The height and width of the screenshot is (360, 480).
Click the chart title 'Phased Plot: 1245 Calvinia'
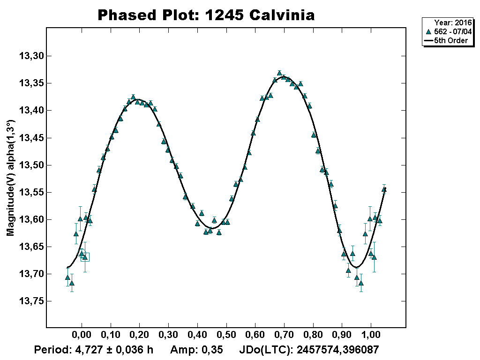[x=206, y=15]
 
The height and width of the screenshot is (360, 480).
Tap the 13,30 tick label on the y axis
[x=31, y=56]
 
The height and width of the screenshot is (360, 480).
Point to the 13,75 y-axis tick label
[x=31, y=301]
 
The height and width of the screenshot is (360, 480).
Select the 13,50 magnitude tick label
[x=31, y=165]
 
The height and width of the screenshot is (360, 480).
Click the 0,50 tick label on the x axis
[x=226, y=336]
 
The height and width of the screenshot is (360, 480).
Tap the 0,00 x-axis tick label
[x=82, y=336]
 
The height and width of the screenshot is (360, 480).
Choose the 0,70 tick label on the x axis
[x=284, y=336]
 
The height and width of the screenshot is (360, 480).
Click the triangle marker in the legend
[x=428, y=31]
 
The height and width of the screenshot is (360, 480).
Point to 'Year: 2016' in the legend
[x=453, y=22]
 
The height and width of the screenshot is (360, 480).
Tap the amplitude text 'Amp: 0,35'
[x=196, y=350]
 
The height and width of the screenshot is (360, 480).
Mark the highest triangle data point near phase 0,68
[x=279, y=73]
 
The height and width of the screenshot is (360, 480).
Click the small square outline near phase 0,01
[x=85, y=257]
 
